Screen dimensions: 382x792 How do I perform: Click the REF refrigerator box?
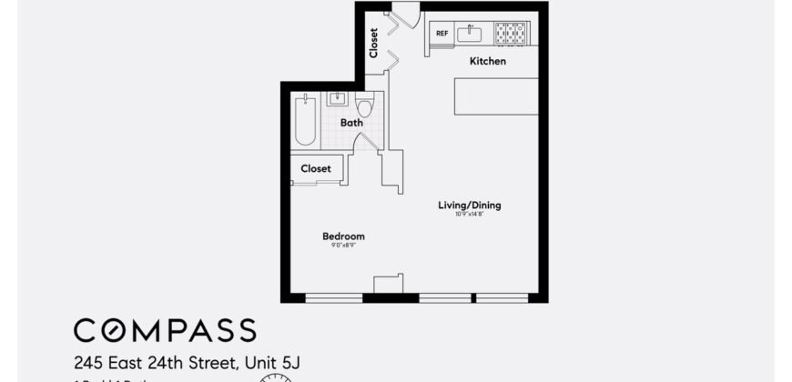(x=442, y=34)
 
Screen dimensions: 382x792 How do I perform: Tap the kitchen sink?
(x=472, y=34)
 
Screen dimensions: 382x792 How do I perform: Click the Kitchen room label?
(x=487, y=62)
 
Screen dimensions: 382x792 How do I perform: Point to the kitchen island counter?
(x=495, y=96)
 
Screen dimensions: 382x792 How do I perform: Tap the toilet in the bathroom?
(x=365, y=106)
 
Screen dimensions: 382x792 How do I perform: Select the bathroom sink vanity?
(x=337, y=99)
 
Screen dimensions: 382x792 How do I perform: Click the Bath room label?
(x=351, y=122)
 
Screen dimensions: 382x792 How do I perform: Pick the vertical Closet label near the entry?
(x=373, y=44)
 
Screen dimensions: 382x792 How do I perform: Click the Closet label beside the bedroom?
(x=316, y=168)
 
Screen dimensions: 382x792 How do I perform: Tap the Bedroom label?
(x=343, y=236)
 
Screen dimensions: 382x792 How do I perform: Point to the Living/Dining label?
(x=470, y=206)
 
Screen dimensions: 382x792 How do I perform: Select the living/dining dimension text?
(x=469, y=215)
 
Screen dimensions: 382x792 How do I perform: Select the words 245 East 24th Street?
(x=154, y=364)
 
